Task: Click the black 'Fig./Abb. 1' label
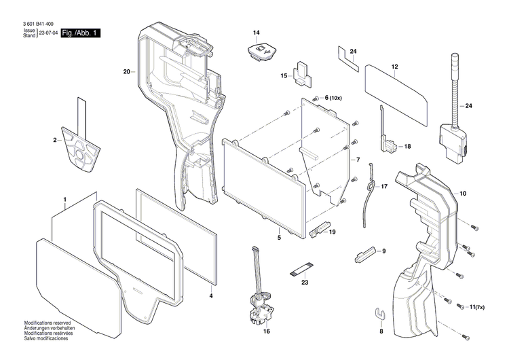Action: (x=80, y=33)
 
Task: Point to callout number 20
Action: (x=127, y=71)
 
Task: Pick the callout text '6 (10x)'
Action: (x=335, y=98)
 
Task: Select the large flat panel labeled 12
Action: (x=397, y=94)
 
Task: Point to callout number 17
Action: (x=384, y=186)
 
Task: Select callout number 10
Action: (x=463, y=194)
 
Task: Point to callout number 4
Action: (x=211, y=296)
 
